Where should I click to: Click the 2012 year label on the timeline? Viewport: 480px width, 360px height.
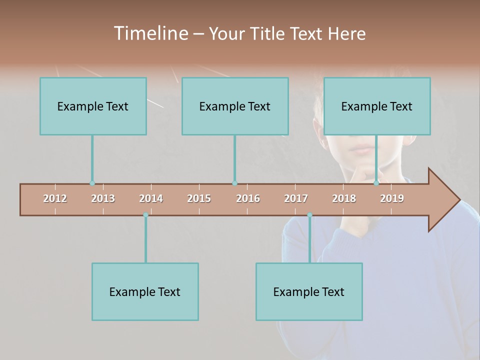click(x=55, y=198)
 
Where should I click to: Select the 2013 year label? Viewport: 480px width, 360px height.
click(x=103, y=198)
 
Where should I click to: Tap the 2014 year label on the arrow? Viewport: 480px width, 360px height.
click(x=151, y=198)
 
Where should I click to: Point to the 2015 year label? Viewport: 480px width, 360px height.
click(x=199, y=198)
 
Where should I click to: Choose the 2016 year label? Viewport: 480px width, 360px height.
click(x=248, y=198)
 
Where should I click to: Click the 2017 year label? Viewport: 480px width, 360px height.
click(x=296, y=198)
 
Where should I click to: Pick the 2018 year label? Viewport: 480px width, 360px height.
click(x=344, y=198)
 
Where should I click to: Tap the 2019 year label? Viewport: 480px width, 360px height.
click(x=392, y=198)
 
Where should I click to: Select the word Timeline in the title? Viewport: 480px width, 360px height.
click(x=150, y=33)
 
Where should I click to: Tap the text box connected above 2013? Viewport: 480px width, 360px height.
click(x=93, y=106)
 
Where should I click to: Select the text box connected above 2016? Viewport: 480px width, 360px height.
click(x=235, y=106)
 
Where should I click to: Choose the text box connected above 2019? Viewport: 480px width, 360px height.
click(x=377, y=106)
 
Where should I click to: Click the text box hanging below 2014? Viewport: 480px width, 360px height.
click(x=145, y=291)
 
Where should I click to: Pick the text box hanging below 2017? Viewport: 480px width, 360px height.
click(x=309, y=291)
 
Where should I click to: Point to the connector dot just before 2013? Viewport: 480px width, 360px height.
click(x=92, y=183)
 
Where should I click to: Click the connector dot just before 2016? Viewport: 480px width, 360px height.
click(x=234, y=183)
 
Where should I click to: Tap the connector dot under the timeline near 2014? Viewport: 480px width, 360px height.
click(x=145, y=215)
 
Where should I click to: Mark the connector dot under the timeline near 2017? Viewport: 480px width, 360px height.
click(x=309, y=215)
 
